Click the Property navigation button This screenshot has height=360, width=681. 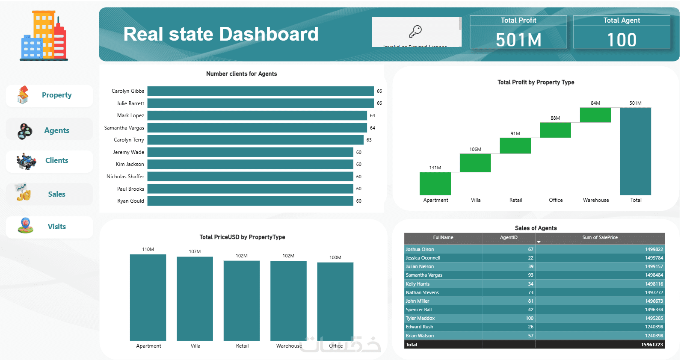coord(50,95)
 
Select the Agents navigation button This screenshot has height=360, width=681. coord(50,130)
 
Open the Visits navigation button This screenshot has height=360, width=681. coord(50,227)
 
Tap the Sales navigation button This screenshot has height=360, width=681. coord(50,194)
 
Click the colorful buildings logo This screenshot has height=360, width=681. coord(44,35)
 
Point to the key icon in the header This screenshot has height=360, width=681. coord(415,31)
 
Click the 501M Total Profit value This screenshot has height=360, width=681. coord(518,40)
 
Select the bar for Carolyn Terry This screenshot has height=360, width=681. coord(255,140)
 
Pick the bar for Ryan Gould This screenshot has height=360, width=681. coord(250,201)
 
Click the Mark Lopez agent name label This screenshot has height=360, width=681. coord(130,115)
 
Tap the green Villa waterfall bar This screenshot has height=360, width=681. coord(475,163)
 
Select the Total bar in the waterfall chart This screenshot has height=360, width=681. coord(635,151)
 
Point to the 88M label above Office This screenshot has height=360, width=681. coord(555,118)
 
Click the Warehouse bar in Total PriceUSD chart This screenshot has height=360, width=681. coord(288,301)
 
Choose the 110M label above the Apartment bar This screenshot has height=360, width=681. coord(148,249)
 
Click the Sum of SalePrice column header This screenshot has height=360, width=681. coord(600,238)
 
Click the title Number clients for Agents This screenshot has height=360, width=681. coord(241,74)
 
